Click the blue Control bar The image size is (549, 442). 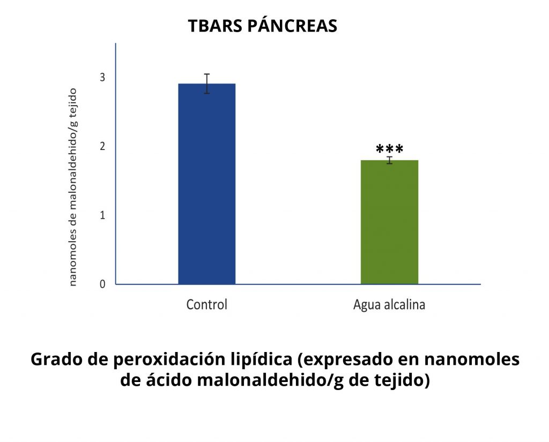click(x=207, y=184)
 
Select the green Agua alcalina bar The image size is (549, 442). click(x=389, y=222)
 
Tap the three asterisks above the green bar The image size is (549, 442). click(x=389, y=149)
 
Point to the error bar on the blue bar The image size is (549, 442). click(x=207, y=84)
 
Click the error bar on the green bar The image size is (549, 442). click(x=389, y=160)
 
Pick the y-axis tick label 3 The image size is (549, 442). click(x=102, y=77)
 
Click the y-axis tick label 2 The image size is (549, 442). click(x=102, y=146)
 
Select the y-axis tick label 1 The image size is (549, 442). click(x=102, y=215)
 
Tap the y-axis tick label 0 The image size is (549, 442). click(x=102, y=284)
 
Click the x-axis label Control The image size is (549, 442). click(x=206, y=304)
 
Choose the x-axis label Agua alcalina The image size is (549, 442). click(x=389, y=304)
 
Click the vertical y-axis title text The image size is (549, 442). click(x=72, y=187)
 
